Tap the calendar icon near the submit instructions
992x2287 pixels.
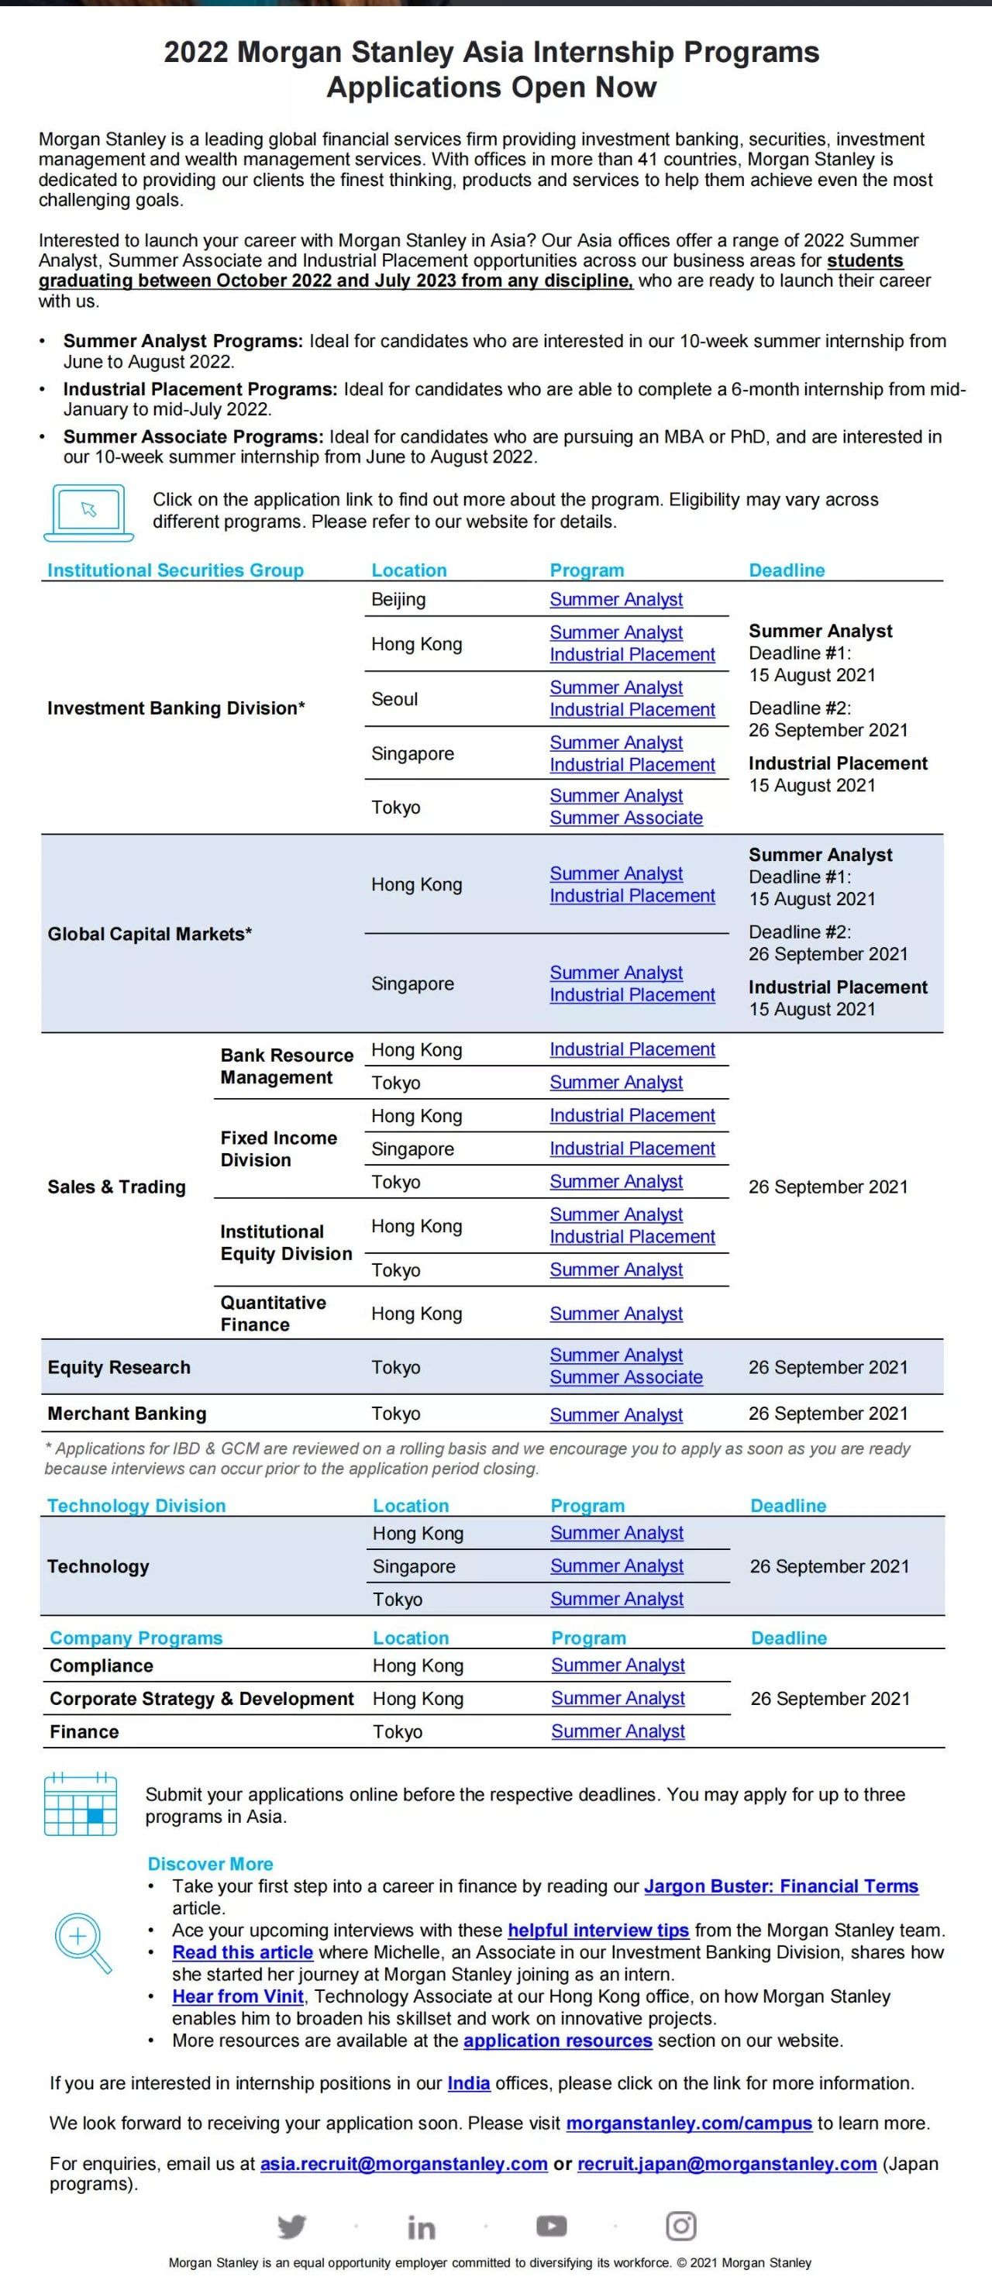[x=80, y=1803]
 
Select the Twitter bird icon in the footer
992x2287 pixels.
[x=291, y=2226]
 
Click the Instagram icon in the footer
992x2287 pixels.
[x=680, y=2226]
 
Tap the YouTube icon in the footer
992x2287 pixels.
[x=552, y=2226]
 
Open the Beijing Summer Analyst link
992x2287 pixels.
[x=615, y=599]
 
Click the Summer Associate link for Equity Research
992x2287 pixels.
[x=625, y=1377]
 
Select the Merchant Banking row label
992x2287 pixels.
[x=127, y=1414]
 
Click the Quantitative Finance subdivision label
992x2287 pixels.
[x=273, y=1313]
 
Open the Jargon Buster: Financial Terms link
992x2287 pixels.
[x=780, y=1886]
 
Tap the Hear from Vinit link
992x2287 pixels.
[x=238, y=1996]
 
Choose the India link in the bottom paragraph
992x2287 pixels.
[x=468, y=2083]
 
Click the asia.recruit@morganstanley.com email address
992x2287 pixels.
[x=403, y=2164]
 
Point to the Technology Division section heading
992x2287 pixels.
[x=136, y=1506]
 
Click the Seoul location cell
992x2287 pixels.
[x=394, y=699]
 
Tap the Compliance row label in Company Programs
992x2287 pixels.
[x=102, y=1665]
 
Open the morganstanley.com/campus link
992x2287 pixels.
[x=688, y=2123]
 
